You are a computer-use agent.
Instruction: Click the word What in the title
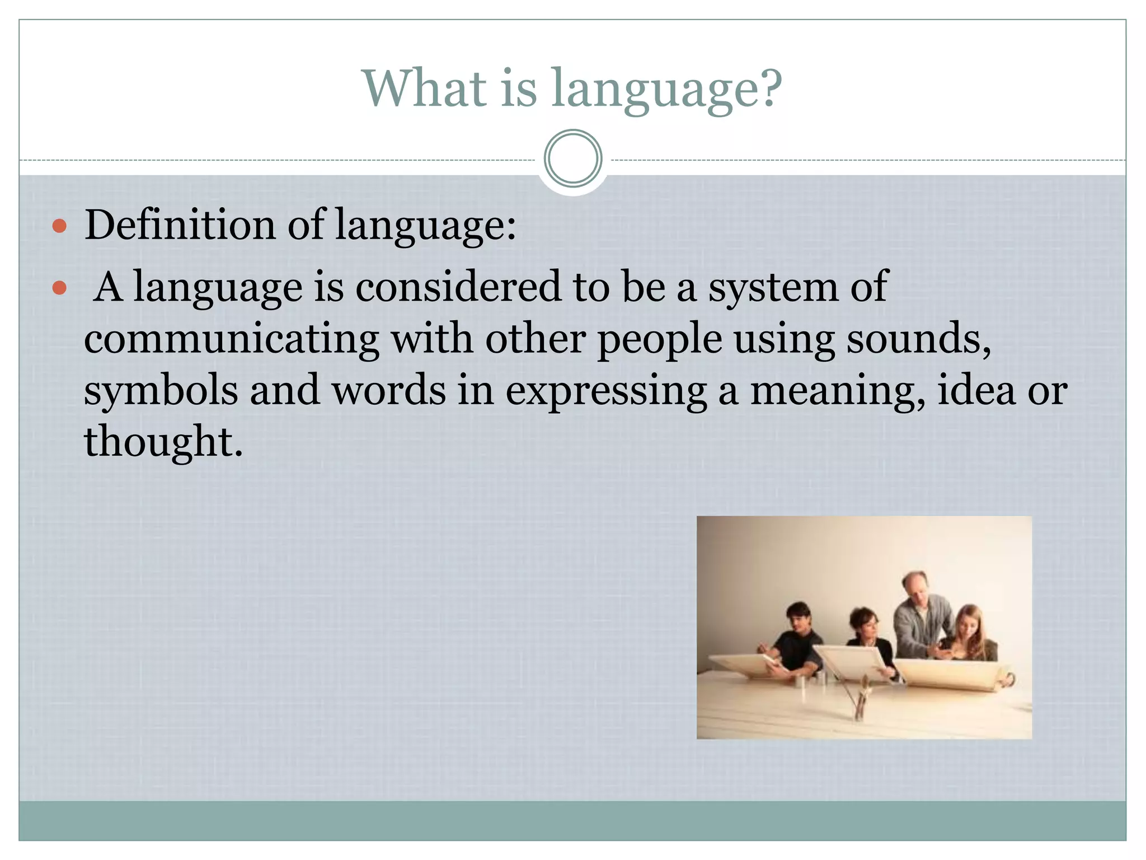(x=425, y=88)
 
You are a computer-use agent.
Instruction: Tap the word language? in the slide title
(x=666, y=90)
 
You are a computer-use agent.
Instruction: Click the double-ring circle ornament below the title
(x=573, y=158)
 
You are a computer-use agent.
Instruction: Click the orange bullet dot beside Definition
(x=59, y=226)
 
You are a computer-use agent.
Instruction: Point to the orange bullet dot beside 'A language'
(x=59, y=288)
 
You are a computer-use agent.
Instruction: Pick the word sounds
(x=918, y=339)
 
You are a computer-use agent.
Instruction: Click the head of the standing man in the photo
(x=915, y=588)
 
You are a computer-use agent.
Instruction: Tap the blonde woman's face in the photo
(x=967, y=625)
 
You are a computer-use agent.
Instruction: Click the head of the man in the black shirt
(x=799, y=619)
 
